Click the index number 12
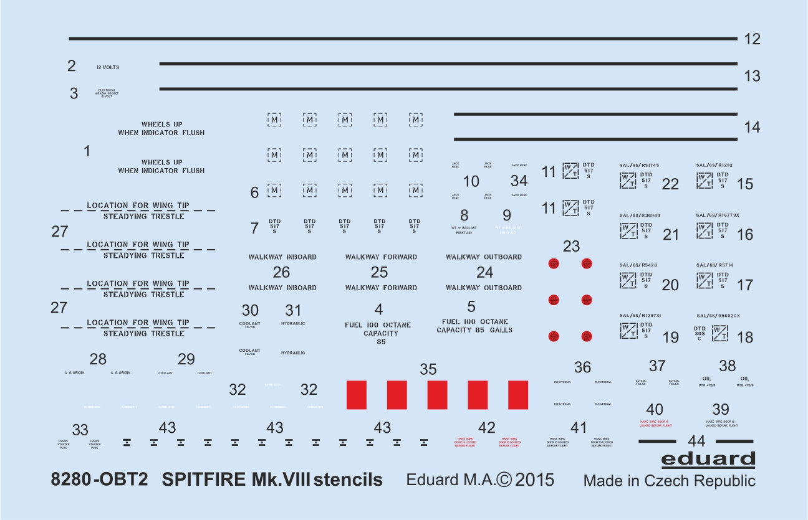(753, 39)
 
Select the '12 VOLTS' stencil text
(108, 67)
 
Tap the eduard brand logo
(708, 460)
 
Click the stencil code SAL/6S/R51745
(639, 165)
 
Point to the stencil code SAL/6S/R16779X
(718, 215)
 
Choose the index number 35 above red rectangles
(428, 369)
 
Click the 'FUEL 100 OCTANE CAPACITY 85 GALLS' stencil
(474, 326)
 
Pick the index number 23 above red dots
(571, 247)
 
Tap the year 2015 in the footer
(535, 480)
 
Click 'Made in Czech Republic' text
(669, 481)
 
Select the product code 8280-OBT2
(100, 480)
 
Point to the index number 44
(696, 441)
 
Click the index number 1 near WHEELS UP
(87, 151)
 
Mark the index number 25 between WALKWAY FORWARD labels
(379, 272)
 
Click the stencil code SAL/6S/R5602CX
(718, 316)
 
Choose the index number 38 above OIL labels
(728, 366)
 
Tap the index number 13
(753, 76)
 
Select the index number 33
(80, 430)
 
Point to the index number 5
(471, 306)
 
